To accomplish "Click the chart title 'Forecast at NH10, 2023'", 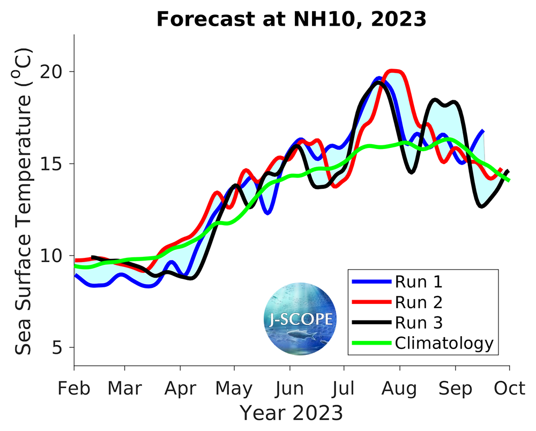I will pyautogui.click(x=291, y=20).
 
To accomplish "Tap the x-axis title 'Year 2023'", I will pyautogui.click(x=291, y=413).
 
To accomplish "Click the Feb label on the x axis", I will pyautogui.click(x=74, y=388).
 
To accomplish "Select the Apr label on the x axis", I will pyautogui.click(x=180, y=388).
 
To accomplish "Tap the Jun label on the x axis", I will pyautogui.click(x=290, y=388).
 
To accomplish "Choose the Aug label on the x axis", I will pyautogui.click(x=399, y=388).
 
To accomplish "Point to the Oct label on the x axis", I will pyautogui.click(x=509, y=388).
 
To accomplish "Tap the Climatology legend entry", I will pyautogui.click(x=444, y=343).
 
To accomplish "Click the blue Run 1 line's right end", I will pyautogui.click(x=483, y=130).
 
